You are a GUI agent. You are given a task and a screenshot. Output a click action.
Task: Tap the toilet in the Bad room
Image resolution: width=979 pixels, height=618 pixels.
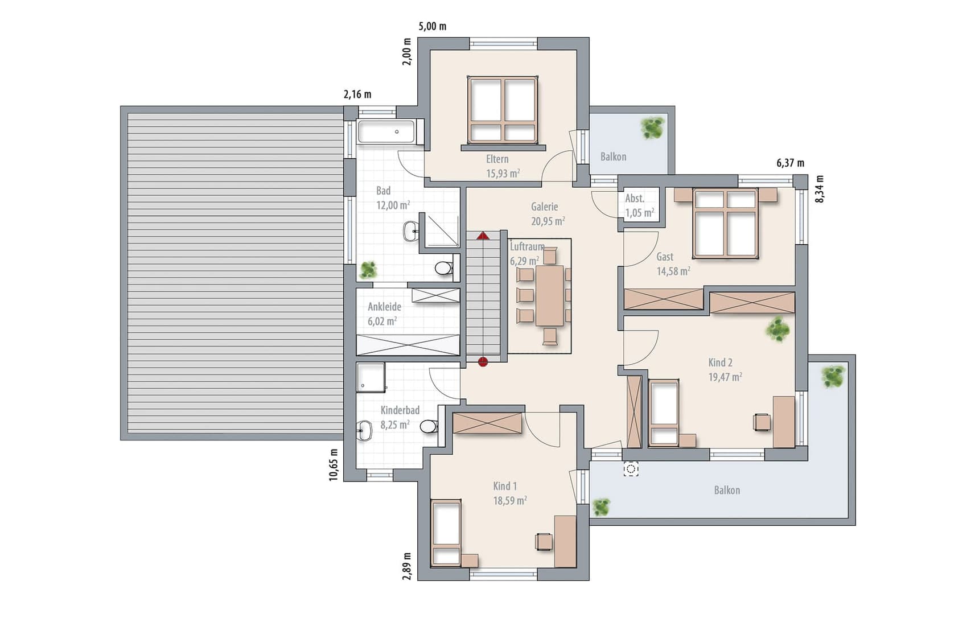click(443, 267)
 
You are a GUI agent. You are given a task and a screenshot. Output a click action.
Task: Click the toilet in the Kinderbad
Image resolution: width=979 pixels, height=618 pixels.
click(429, 426)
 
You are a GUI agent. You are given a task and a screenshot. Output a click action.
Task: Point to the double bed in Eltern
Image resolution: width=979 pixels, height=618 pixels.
click(503, 109)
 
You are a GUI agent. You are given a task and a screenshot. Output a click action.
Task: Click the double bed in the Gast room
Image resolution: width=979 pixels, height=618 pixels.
click(725, 223)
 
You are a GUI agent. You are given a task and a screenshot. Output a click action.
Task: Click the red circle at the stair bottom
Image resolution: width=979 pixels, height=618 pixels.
click(483, 361)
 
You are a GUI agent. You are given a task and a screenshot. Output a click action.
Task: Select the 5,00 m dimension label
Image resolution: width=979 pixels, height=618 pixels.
click(433, 26)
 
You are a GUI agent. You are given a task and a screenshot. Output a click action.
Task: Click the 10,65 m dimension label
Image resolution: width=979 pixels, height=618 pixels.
click(334, 465)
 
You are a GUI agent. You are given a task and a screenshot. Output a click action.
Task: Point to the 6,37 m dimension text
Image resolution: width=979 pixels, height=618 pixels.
click(791, 163)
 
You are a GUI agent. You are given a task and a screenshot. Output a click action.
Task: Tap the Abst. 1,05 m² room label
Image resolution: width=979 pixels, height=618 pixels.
click(639, 205)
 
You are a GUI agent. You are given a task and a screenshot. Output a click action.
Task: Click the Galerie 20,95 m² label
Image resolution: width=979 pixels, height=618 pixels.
click(547, 214)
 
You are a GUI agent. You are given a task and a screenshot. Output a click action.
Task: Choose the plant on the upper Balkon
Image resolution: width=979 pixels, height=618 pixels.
click(652, 127)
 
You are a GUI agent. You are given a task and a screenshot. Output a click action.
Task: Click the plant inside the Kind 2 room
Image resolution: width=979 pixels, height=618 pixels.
click(778, 329)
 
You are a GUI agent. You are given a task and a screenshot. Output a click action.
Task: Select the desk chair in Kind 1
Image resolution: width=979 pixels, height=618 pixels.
click(544, 542)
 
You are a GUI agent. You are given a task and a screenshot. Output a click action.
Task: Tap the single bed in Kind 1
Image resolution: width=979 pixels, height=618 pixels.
click(446, 533)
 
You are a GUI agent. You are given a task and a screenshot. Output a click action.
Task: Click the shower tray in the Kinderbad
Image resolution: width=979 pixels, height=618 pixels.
click(371, 378)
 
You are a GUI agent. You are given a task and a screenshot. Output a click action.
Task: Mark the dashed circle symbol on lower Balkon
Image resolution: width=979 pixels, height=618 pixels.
click(631, 469)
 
